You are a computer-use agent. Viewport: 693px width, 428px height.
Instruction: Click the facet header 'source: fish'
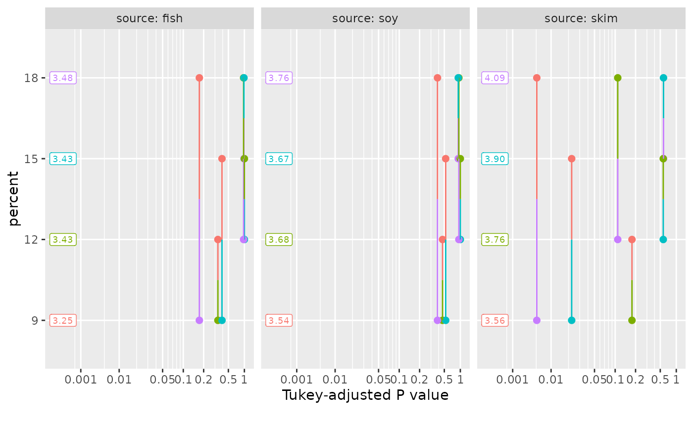click(149, 19)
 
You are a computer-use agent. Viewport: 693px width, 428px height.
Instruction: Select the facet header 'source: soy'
click(365, 19)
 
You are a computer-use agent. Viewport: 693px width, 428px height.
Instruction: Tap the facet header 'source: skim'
click(581, 19)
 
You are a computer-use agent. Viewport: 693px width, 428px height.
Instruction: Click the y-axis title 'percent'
click(14, 198)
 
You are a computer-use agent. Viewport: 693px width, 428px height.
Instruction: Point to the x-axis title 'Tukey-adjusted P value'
click(365, 395)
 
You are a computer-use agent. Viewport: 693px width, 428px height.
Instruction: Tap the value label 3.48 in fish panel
click(63, 78)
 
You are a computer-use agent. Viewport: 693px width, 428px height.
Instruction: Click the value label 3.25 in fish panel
click(63, 320)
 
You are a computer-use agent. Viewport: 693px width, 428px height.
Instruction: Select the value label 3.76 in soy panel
click(279, 78)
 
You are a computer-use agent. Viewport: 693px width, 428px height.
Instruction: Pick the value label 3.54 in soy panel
click(279, 320)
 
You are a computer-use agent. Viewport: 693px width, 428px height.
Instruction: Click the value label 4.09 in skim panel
click(495, 78)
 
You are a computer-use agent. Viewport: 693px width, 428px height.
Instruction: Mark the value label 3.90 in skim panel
click(495, 159)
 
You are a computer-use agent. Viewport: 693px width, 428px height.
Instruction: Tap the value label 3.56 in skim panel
click(495, 320)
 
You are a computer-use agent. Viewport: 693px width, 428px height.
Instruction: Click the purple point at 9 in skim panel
click(537, 320)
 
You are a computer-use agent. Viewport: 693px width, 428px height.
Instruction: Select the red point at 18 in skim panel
click(537, 78)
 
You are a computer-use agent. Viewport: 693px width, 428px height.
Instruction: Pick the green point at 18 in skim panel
click(618, 78)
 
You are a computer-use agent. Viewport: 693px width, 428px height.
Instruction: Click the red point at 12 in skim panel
click(632, 239)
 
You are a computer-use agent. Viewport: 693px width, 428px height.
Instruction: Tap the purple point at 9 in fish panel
click(199, 320)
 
